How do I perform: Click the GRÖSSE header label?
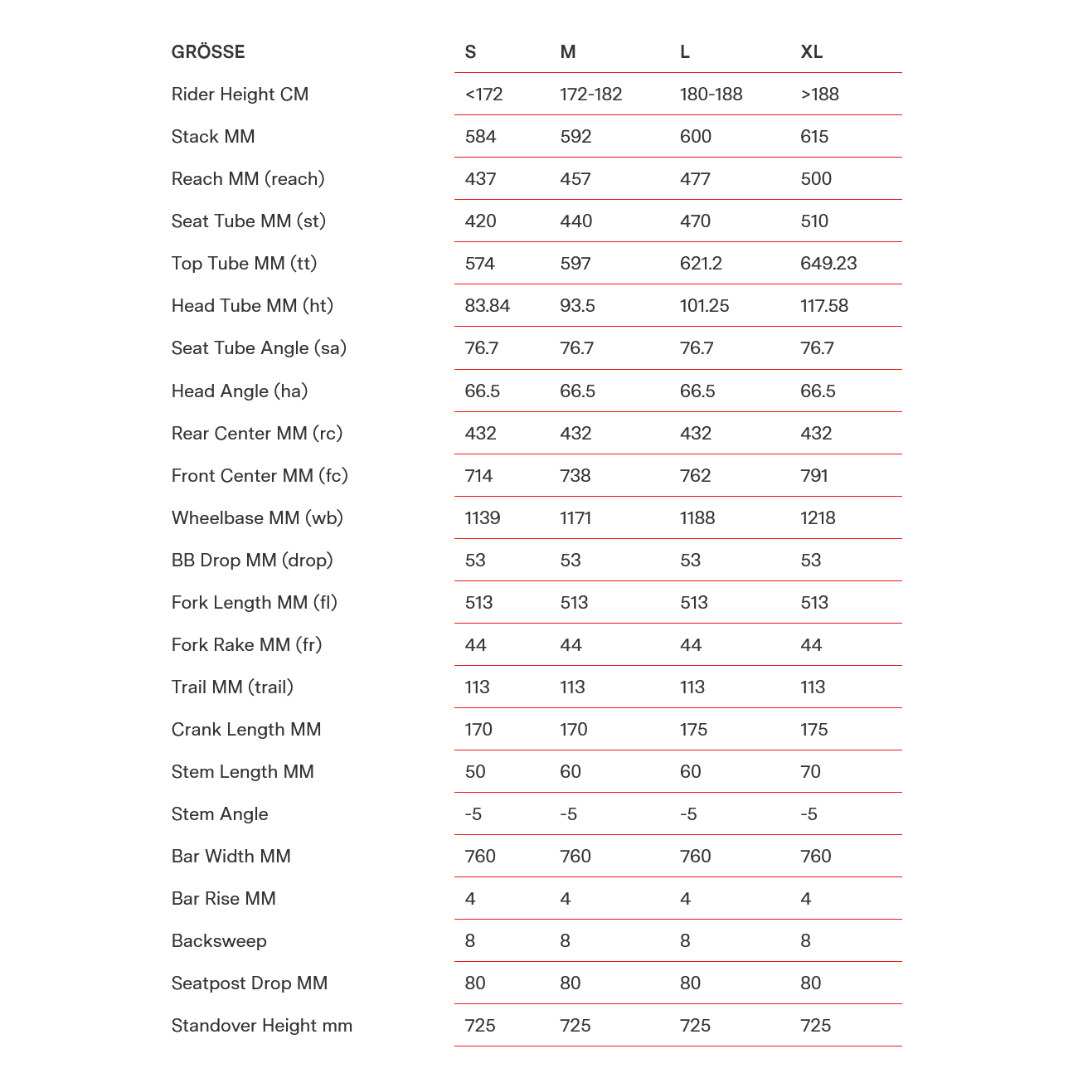point(208,52)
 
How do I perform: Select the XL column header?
point(811,52)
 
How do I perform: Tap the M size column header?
point(567,52)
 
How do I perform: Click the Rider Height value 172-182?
point(590,95)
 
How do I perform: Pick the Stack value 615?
point(814,137)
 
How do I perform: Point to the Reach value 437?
point(480,179)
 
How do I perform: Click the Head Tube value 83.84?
point(487,306)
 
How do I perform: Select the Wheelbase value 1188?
point(697,518)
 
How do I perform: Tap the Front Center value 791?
point(813,476)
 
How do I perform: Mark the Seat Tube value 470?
point(695,221)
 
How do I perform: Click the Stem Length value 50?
point(475,772)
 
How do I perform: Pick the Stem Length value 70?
point(810,772)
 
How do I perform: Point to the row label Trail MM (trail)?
point(232,687)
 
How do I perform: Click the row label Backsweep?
point(219,941)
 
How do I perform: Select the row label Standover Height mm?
point(261,1026)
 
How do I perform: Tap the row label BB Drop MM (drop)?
point(252,561)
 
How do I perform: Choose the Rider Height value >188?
point(819,95)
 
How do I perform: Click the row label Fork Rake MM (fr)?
point(246,645)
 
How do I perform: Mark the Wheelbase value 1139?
point(482,518)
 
